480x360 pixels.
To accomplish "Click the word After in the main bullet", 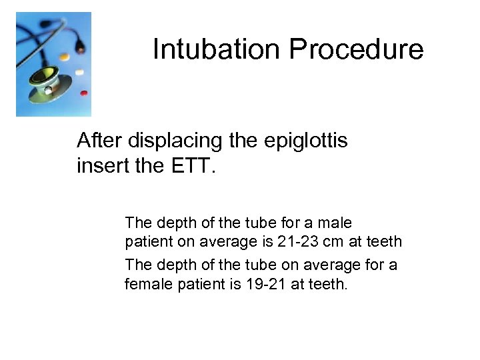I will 99,141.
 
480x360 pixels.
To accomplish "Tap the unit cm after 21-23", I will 333,241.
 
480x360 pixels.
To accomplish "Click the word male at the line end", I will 335,223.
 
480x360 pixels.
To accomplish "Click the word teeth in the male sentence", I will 384,241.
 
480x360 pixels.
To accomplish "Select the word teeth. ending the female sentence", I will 329,285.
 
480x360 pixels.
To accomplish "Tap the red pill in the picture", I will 83,93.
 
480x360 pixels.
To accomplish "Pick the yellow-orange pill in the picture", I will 64,57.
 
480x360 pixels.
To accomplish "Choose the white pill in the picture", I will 79,71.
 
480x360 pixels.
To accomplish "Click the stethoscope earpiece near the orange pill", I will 80,49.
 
